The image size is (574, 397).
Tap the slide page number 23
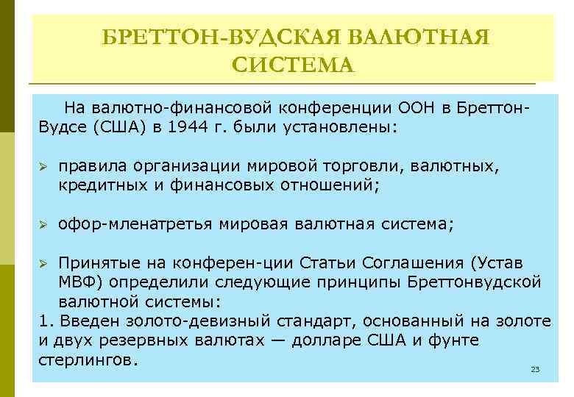coord(535,369)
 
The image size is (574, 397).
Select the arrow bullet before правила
coord(43,167)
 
